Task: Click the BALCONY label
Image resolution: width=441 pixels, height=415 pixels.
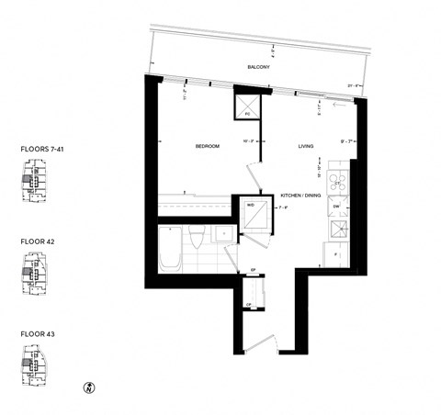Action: (x=256, y=66)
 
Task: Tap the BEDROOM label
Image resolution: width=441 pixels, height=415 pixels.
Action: (x=206, y=146)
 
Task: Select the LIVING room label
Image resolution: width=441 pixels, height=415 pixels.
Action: (x=306, y=146)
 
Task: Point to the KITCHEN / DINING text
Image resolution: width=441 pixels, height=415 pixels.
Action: (x=300, y=196)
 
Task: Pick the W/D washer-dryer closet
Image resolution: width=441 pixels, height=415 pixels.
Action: (x=254, y=213)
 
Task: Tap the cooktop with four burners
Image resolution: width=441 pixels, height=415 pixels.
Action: (x=338, y=180)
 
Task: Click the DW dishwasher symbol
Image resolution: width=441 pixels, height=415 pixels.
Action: (x=337, y=207)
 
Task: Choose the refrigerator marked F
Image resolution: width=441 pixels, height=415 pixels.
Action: (x=337, y=252)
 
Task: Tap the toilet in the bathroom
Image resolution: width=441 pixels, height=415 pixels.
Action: (x=197, y=241)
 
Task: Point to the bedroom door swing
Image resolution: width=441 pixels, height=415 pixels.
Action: (x=248, y=174)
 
